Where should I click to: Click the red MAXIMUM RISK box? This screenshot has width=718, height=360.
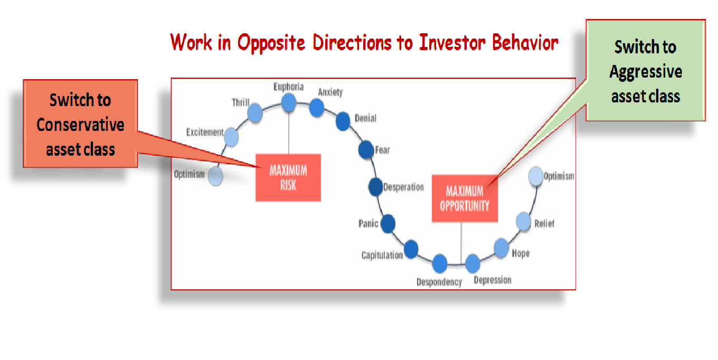pos(288,177)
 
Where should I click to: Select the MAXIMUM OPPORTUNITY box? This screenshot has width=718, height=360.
pos(465,198)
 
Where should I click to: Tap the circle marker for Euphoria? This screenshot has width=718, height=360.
pos(288,102)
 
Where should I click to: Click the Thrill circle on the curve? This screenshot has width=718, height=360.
pos(255,113)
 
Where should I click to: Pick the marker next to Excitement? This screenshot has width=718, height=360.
pos(231,137)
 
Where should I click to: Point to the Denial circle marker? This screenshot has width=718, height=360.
pos(343,121)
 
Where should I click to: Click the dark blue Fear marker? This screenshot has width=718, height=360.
pos(366,150)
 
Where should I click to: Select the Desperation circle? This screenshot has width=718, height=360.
pos(375,187)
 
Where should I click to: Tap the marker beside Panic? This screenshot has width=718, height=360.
pos(388,223)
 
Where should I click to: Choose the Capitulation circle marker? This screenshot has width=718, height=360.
pos(411,249)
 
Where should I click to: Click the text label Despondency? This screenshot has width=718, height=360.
pos(439,282)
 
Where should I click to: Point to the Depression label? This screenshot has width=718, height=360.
pos(493,280)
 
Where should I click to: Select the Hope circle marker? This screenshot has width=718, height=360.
pos(502,248)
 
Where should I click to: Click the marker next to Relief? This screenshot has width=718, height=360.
pos(523,221)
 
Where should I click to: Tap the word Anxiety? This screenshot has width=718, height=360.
pos(330,92)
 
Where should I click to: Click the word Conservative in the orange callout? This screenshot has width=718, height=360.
pos(80,125)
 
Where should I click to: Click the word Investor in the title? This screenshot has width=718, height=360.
pos(452,42)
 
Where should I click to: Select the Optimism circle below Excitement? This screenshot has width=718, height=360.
pos(215,176)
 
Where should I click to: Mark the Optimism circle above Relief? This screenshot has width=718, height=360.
pos(536,176)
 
